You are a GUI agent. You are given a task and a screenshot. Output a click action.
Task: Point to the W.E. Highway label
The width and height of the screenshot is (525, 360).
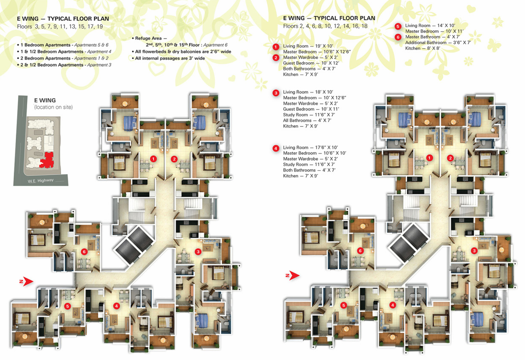(40, 181)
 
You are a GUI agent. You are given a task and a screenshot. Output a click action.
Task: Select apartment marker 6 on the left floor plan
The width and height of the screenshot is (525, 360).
(84, 252)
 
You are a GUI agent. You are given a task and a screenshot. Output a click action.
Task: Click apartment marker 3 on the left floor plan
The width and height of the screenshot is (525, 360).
(198, 252)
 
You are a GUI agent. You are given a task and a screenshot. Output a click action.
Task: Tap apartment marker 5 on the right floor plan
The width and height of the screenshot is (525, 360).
(343, 306)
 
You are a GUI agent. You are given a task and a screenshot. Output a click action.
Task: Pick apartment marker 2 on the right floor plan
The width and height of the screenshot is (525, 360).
(450, 158)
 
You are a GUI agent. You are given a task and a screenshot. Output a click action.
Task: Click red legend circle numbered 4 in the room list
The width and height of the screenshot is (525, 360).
(276, 148)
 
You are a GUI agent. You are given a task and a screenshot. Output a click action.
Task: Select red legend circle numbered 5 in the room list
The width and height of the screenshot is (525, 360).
(398, 26)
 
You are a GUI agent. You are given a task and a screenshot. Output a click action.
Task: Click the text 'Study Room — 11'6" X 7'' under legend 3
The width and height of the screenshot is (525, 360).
(309, 115)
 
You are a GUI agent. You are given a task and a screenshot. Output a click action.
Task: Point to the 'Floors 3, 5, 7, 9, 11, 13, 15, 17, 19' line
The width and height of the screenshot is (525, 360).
(60, 26)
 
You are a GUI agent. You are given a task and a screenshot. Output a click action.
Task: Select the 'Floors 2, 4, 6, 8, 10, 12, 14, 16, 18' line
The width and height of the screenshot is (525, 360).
(325, 26)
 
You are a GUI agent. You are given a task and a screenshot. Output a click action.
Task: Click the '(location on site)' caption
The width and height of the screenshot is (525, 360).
(53, 107)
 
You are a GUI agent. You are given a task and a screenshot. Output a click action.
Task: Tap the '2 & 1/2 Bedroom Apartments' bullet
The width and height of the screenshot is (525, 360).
(64, 65)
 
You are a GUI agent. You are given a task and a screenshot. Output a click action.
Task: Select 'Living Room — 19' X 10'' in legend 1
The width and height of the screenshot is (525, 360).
(308, 46)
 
